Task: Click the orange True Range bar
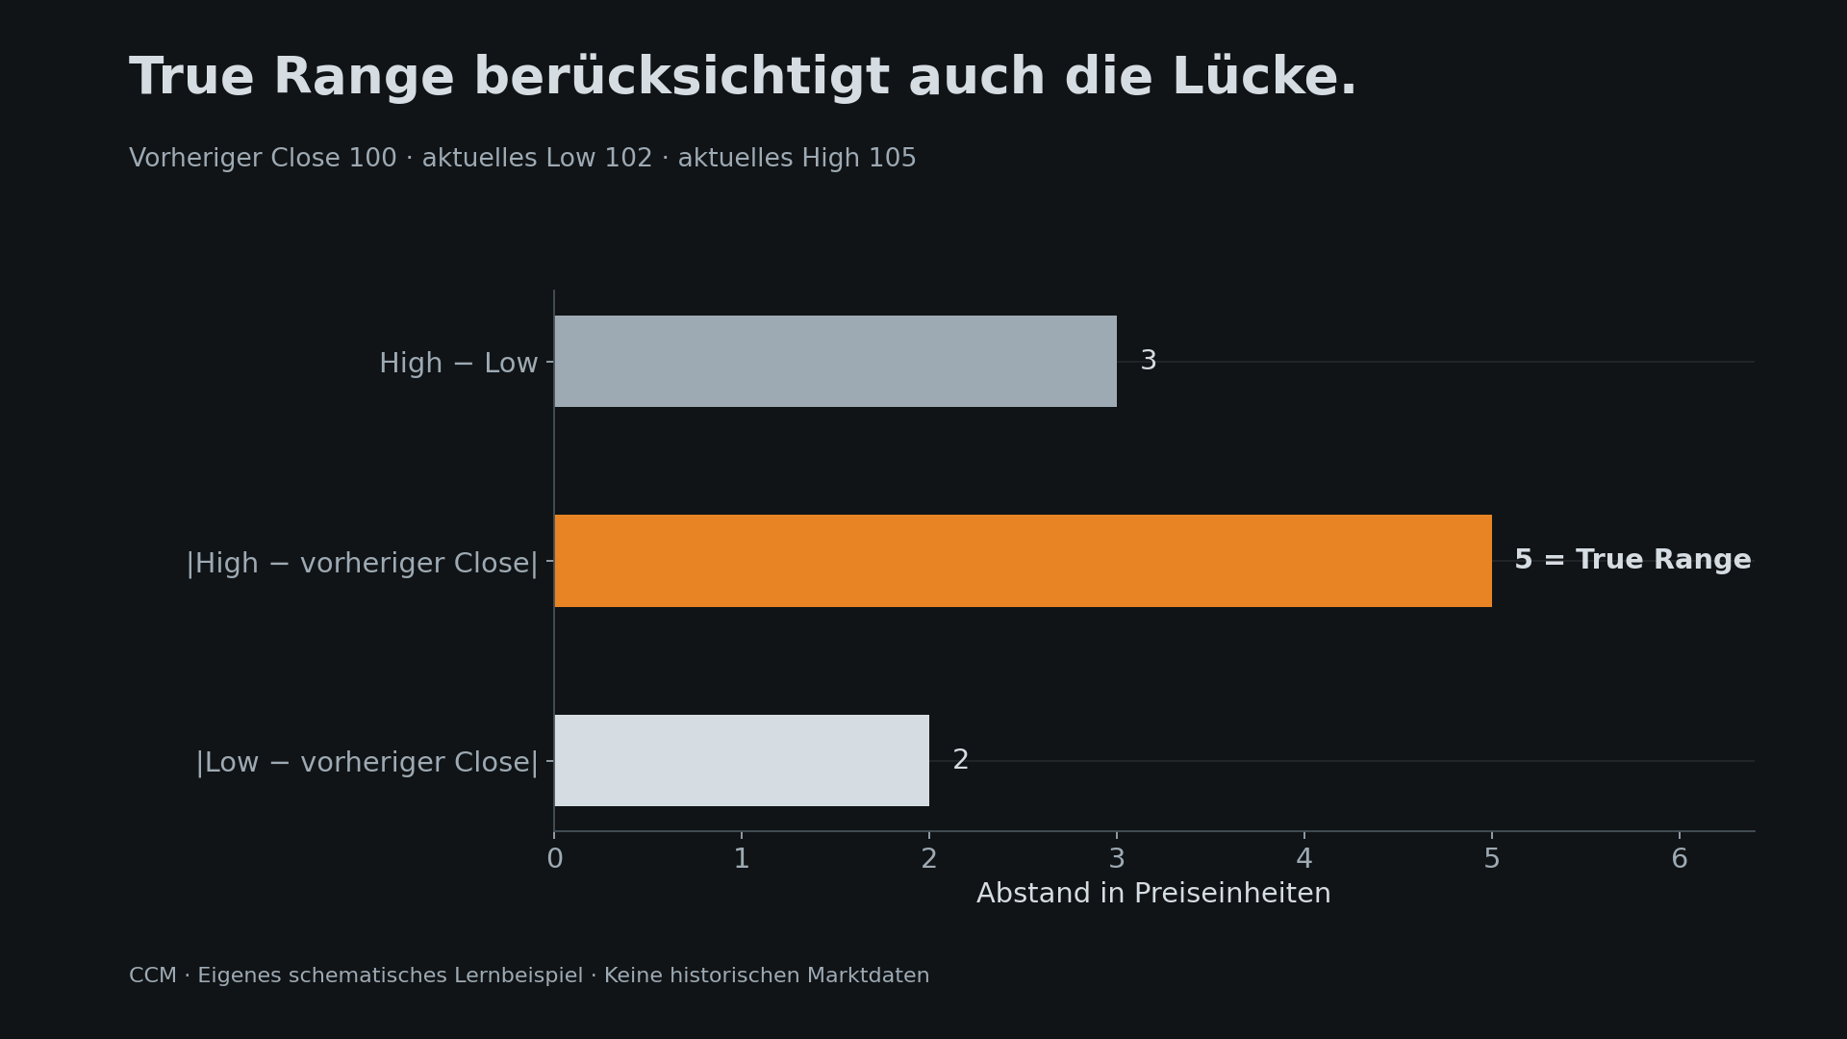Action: coord(1023,561)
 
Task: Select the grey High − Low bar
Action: coord(835,362)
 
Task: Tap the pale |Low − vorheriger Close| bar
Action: coord(742,760)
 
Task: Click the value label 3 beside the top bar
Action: coord(1148,362)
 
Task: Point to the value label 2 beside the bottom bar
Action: coord(960,760)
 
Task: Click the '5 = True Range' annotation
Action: coord(1632,561)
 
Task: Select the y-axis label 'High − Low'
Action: coord(458,364)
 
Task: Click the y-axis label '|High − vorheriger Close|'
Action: coord(362,564)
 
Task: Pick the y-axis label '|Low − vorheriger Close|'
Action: coord(367,763)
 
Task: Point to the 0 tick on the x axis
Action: coord(555,859)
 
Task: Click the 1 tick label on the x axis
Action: coord(742,859)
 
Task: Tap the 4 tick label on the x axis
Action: coord(1304,859)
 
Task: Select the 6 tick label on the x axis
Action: coord(1680,859)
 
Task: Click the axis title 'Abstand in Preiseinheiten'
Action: coord(1153,894)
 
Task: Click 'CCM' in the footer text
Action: coord(153,976)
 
